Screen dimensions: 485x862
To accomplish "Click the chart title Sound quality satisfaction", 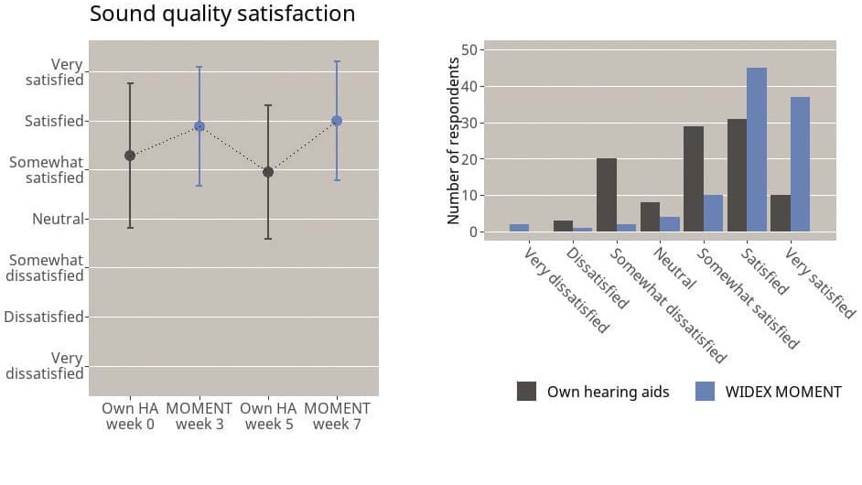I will [222, 15].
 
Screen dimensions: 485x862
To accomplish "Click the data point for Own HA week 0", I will [130, 156].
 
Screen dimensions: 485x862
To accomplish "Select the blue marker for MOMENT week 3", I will [199, 126].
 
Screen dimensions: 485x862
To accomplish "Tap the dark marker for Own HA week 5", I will [268, 172].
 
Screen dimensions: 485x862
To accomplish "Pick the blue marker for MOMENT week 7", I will [337, 121].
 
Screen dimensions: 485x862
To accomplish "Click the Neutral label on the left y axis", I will [58, 220].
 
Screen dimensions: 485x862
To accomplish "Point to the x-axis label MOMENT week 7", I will [337, 416].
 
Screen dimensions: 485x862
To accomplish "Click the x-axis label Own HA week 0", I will [130, 416].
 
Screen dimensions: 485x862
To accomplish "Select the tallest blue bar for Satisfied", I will [757, 149].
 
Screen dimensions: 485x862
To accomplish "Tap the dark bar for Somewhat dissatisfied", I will [607, 195].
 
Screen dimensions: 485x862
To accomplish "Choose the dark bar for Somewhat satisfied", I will [694, 178].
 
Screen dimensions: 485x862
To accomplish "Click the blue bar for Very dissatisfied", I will [519, 228].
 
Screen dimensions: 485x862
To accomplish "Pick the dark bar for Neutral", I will [651, 217].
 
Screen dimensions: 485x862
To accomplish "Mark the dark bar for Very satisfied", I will [780, 213].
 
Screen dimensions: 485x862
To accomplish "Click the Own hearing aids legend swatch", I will [527, 392].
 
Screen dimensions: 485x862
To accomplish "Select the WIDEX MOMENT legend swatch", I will [705, 392].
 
